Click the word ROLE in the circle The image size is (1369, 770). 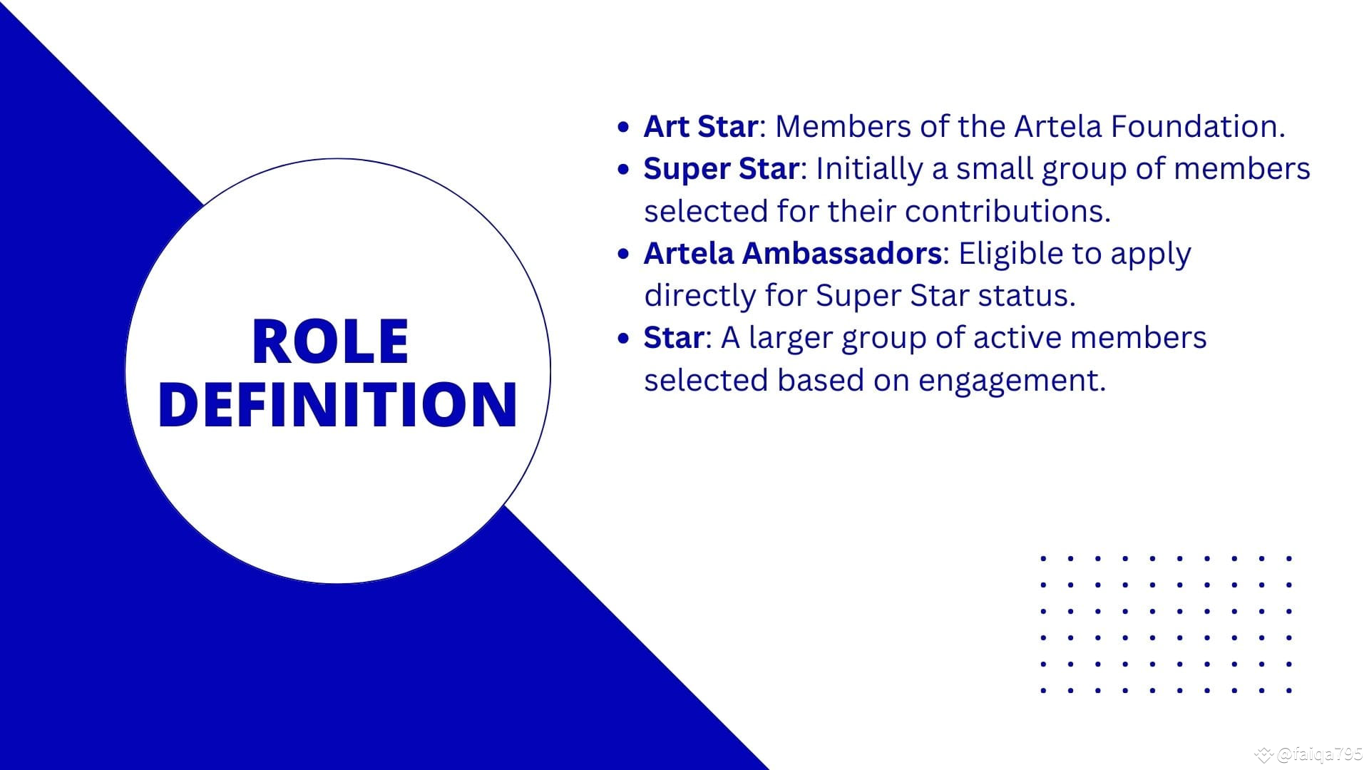pyautogui.click(x=330, y=342)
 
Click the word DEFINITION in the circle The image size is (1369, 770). pyautogui.click(x=337, y=404)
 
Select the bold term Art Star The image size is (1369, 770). pyautogui.click(x=699, y=126)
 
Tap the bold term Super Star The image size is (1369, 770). pyautogui.click(x=720, y=169)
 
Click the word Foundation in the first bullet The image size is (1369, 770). pyautogui.click(x=1197, y=126)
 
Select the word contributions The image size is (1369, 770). pyautogui.click(x=1007, y=211)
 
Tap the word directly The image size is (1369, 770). pyautogui.click(x=699, y=296)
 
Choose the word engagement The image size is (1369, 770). pyautogui.click(x=1012, y=381)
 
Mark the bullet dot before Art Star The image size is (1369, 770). pyautogui.click(x=624, y=128)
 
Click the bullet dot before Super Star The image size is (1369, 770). pyautogui.click(x=624, y=170)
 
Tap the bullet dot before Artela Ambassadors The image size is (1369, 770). pyautogui.click(x=624, y=254)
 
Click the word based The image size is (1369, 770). pyautogui.click(x=820, y=380)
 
